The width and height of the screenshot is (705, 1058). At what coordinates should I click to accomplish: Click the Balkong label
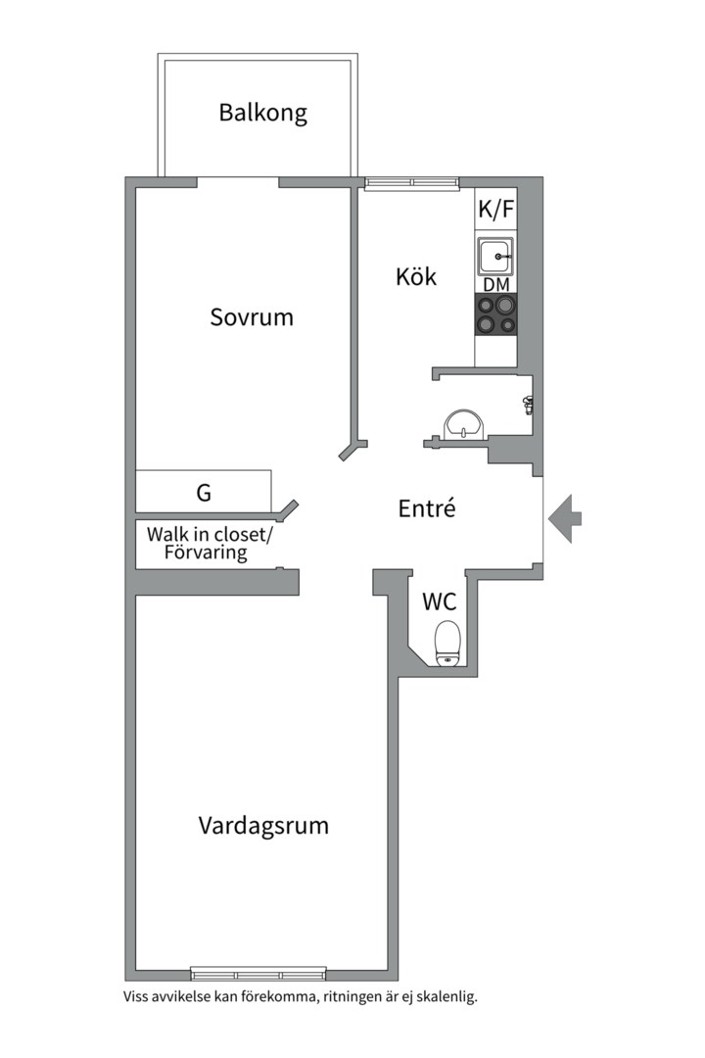pyautogui.click(x=262, y=113)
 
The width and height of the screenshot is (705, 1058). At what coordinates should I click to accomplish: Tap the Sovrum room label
pyautogui.click(x=252, y=317)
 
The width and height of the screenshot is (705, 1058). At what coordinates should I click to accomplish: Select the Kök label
pyautogui.click(x=416, y=277)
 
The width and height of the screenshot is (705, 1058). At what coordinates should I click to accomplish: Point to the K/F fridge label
pyautogui.click(x=495, y=209)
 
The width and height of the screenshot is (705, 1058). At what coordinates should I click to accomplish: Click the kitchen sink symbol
pyautogui.click(x=496, y=257)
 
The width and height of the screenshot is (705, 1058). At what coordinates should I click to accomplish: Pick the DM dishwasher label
pyautogui.click(x=495, y=285)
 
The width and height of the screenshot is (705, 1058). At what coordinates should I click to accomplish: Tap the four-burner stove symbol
pyautogui.click(x=495, y=315)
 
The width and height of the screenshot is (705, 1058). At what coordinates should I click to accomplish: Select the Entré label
pyautogui.click(x=428, y=509)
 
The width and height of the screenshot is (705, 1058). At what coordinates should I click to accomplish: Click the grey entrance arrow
pyautogui.click(x=565, y=518)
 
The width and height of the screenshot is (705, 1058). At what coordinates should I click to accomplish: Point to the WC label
pyautogui.click(x=440, y=601)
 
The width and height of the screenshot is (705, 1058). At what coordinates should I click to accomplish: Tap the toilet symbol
pyautogui.click(x=447, y=643)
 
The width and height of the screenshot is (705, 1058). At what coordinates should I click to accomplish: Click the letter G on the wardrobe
pyautogui.click(x=204, y=493)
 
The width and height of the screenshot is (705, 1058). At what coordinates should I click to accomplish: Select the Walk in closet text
pyautogui.click(x=211, y=535)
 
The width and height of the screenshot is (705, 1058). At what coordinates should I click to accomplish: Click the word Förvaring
pyautogui.click(x=206, y=553)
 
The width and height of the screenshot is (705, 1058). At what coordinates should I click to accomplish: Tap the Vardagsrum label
pyautogui.click(x=263, y=825)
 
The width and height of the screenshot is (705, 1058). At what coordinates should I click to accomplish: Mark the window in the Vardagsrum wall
pyautogui.click(x=258, y=974)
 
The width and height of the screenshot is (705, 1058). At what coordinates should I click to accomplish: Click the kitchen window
pyautogui.click(x=411, y=182)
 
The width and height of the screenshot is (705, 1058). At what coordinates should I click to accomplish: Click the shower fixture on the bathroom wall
pyautogui.click(x=529, y=402)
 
